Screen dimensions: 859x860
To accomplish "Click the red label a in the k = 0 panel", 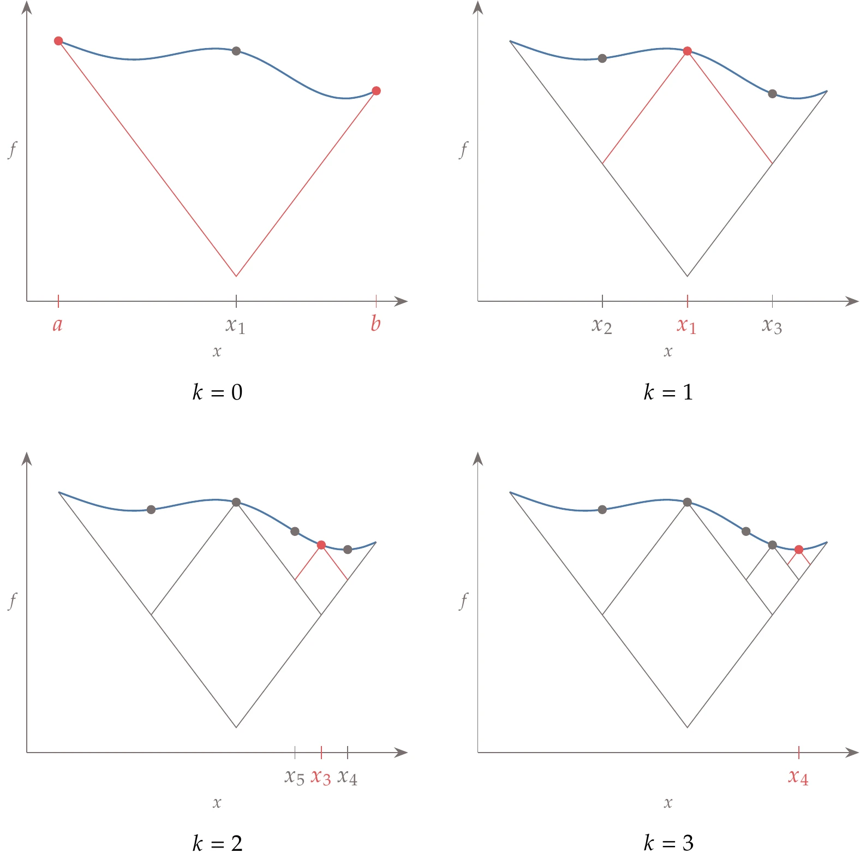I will [57, 325].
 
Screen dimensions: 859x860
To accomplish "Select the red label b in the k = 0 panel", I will [375, 324].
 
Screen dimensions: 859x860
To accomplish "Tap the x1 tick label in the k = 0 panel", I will [236, 326].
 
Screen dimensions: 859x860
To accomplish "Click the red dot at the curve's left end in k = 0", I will [58, 41].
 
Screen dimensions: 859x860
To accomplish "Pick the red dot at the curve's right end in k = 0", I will [376, 91].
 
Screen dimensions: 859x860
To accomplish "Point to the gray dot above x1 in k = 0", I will [236, 51].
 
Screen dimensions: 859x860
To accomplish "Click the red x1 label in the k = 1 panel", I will [686, 326].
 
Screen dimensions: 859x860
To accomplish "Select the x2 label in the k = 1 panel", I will [602, 326].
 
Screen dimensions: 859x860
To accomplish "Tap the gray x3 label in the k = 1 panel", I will [772, 326].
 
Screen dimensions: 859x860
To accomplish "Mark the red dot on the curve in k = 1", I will [688, 51].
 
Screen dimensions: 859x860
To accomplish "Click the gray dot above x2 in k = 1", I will [602, 58].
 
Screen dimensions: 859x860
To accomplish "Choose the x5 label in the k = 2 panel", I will [295, 777].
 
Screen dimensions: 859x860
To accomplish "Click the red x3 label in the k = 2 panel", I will [321, 777].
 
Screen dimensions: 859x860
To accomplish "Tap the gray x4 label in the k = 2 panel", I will [348, 777].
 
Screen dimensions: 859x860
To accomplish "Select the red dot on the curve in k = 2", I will [321, 545].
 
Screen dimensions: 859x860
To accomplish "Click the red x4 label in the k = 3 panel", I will [798, 777].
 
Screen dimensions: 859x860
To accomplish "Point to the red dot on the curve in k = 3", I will [799, 550].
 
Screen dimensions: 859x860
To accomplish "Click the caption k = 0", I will [217, 392].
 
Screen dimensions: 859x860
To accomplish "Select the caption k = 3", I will [668, 843].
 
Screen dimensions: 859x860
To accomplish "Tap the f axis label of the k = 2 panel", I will [13, 601].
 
